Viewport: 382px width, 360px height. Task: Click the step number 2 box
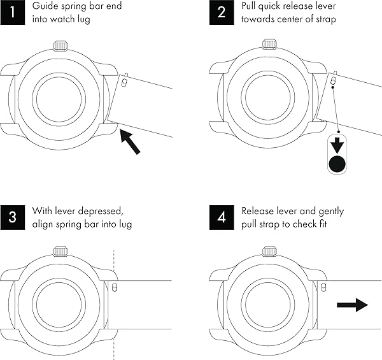(220, 13)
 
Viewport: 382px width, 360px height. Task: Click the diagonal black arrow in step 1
(130, 140)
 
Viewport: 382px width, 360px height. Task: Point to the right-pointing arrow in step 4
(352, 305)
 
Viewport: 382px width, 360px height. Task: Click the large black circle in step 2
(337, 165)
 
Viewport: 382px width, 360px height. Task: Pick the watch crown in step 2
(268, 45)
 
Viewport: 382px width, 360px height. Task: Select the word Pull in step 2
(251, 7)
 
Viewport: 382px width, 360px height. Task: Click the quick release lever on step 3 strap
(114, 287)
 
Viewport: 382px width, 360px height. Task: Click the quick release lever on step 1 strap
(125, 82)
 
